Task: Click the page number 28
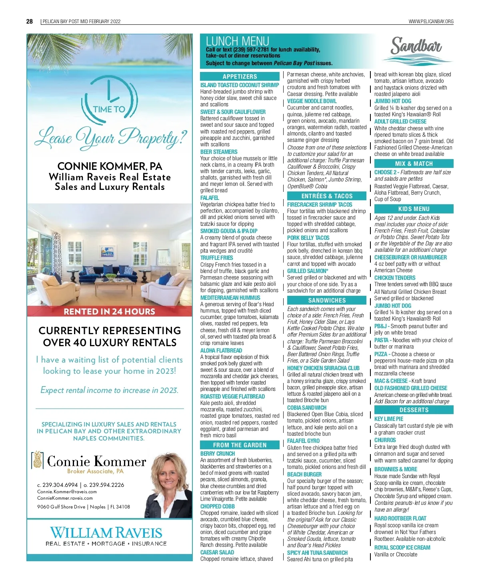(30, 21)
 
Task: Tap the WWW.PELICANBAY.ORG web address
(431, 22)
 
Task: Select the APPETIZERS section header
(240, 76)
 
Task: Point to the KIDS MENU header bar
(414, 209)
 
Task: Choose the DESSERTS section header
(414, 410)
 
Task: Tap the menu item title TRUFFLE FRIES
(216, 258)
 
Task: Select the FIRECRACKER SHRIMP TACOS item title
(320, 204)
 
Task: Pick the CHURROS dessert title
(385, 440)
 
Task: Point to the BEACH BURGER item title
(304, 474)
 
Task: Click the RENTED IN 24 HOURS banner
(109, 311)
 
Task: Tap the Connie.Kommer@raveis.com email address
(67, 492)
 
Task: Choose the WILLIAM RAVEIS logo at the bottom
(106, 536)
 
